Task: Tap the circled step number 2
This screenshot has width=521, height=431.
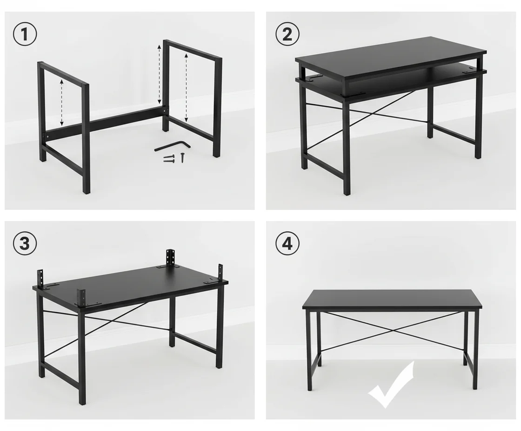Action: click(x=287, y=35)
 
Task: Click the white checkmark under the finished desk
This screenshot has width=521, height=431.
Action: click(x=391, y=385)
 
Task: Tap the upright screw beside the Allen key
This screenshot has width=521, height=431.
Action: click(x=182, y=157)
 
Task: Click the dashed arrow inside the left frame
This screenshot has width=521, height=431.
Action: click(x=61, y=102)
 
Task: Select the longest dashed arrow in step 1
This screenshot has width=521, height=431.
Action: click(x=160, y=74)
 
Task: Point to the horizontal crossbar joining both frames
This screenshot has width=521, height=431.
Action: click(x=107, y=124)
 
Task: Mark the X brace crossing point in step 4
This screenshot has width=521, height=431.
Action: click(x=392, y=330)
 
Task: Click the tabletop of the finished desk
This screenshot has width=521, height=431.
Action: click(x=392, y=300)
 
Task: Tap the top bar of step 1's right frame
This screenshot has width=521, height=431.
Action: click(x=192, y=50)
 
